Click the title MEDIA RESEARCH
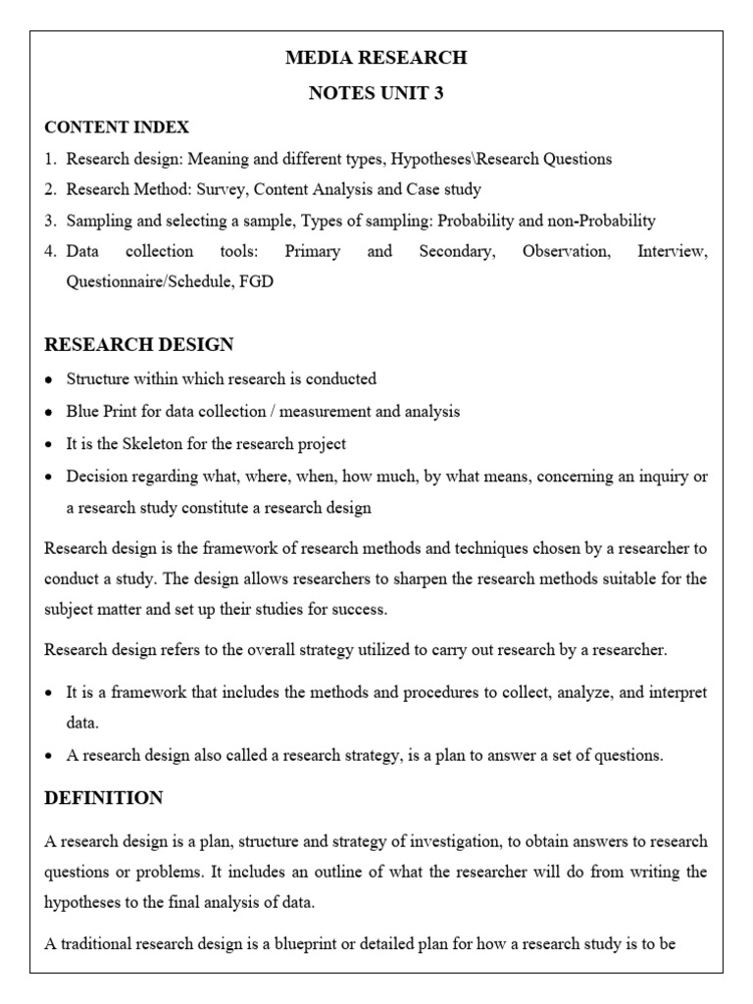click(x=376, y=58)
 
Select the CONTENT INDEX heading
click(x=117, y=127)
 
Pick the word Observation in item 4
click(x=566, y=252)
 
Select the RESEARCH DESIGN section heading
click(x=139, y=344)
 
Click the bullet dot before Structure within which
click(x=50, y=379)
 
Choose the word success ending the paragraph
click(x=360, y=610)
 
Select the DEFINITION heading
click(x=104, y=798)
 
